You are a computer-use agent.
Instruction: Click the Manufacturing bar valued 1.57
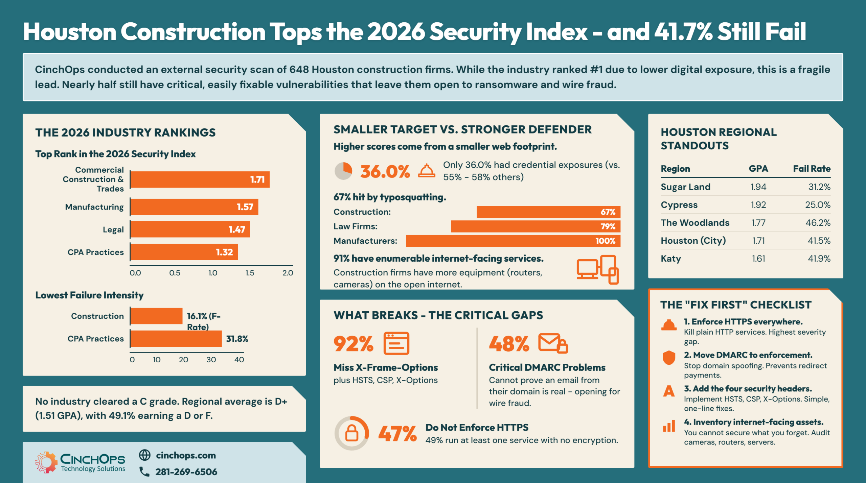point(194,207)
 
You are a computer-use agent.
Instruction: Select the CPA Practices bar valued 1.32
point(184,252)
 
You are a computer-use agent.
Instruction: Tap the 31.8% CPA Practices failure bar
point(176,339)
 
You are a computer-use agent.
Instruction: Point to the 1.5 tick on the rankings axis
point(250,273)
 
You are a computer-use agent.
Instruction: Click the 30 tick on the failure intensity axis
point(211,360)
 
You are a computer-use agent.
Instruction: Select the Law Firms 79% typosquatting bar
point(535,226)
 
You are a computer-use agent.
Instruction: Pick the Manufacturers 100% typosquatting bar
point(513,241)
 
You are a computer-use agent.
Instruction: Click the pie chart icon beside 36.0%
point(343,171)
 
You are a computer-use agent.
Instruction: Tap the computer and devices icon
point(598,270)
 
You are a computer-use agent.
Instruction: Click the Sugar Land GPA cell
point(758,187)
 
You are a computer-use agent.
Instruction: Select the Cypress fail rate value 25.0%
point(818,205)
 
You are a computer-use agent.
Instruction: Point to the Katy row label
point(671,259)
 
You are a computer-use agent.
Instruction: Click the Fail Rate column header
point(812,169)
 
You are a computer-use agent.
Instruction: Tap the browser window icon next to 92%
point(396,343)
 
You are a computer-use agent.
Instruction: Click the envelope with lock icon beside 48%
point(553,343)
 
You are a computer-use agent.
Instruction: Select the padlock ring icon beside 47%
point(352,433)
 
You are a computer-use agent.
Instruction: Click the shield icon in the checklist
point(668,358)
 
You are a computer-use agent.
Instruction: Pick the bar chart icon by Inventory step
point(669,426)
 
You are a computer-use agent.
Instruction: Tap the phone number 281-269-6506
point(186,472)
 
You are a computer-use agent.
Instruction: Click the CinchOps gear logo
point(46,462)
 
